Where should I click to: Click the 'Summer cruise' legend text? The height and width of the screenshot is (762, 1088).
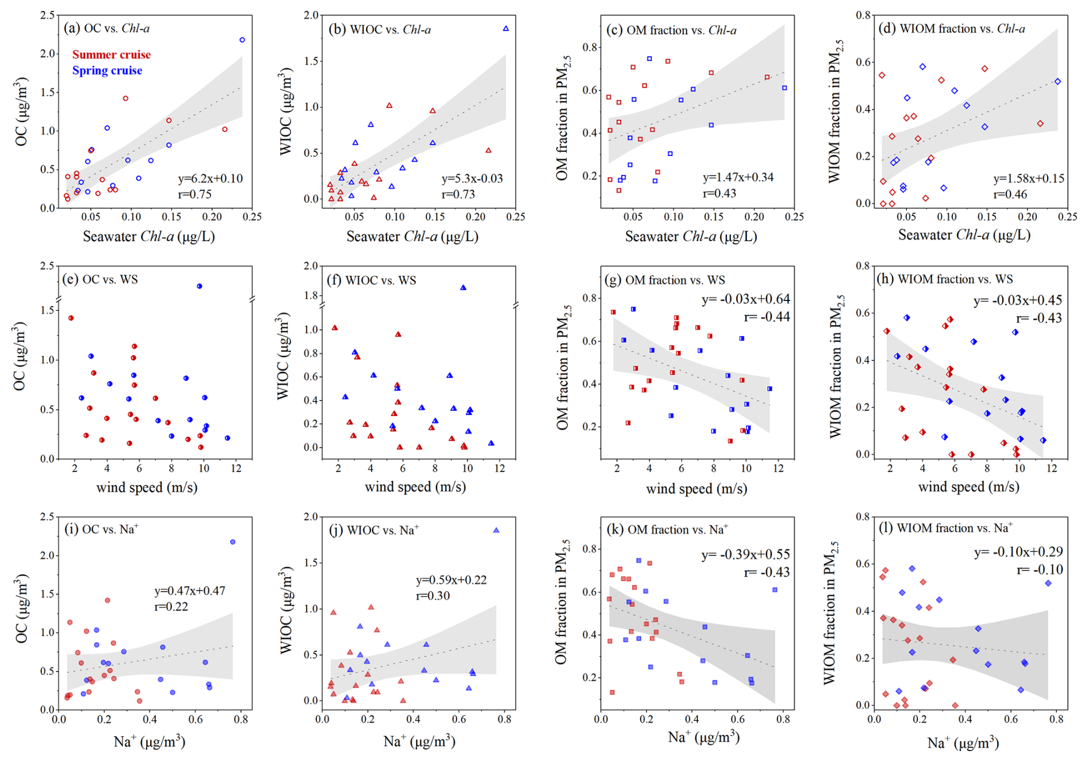[x=111, y=55]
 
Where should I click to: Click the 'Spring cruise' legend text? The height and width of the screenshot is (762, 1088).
[x=107, y=71]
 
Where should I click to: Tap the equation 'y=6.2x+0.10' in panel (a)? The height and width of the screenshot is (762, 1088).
[x=210, y=178]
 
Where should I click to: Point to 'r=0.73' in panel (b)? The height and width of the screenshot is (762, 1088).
[x=458, y=195]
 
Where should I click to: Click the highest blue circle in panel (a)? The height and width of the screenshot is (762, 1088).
[x=242, y=40]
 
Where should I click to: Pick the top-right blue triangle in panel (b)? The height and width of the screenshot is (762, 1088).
[x=506, y=29]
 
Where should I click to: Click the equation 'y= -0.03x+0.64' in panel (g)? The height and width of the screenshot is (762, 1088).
[x=746, y=299]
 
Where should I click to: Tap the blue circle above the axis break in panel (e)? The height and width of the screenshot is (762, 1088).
[x=200, y=286]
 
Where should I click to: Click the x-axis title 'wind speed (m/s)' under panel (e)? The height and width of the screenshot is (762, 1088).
[x=147, y=488]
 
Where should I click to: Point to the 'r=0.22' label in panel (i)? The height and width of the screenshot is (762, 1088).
[x=171, y=607]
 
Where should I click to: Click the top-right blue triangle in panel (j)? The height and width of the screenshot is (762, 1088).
[x=496, y=531]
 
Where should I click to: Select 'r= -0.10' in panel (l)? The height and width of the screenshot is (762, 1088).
[x=1040, y=570]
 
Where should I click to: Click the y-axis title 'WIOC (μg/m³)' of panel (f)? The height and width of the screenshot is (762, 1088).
[x=284, y=356]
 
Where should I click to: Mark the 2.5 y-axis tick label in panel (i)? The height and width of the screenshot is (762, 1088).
[x=47, y=517]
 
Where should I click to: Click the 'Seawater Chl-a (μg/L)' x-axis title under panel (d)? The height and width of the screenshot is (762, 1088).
[x=964, y=235]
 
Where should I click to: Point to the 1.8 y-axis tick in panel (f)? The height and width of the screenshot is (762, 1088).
[x=311, y=296]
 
